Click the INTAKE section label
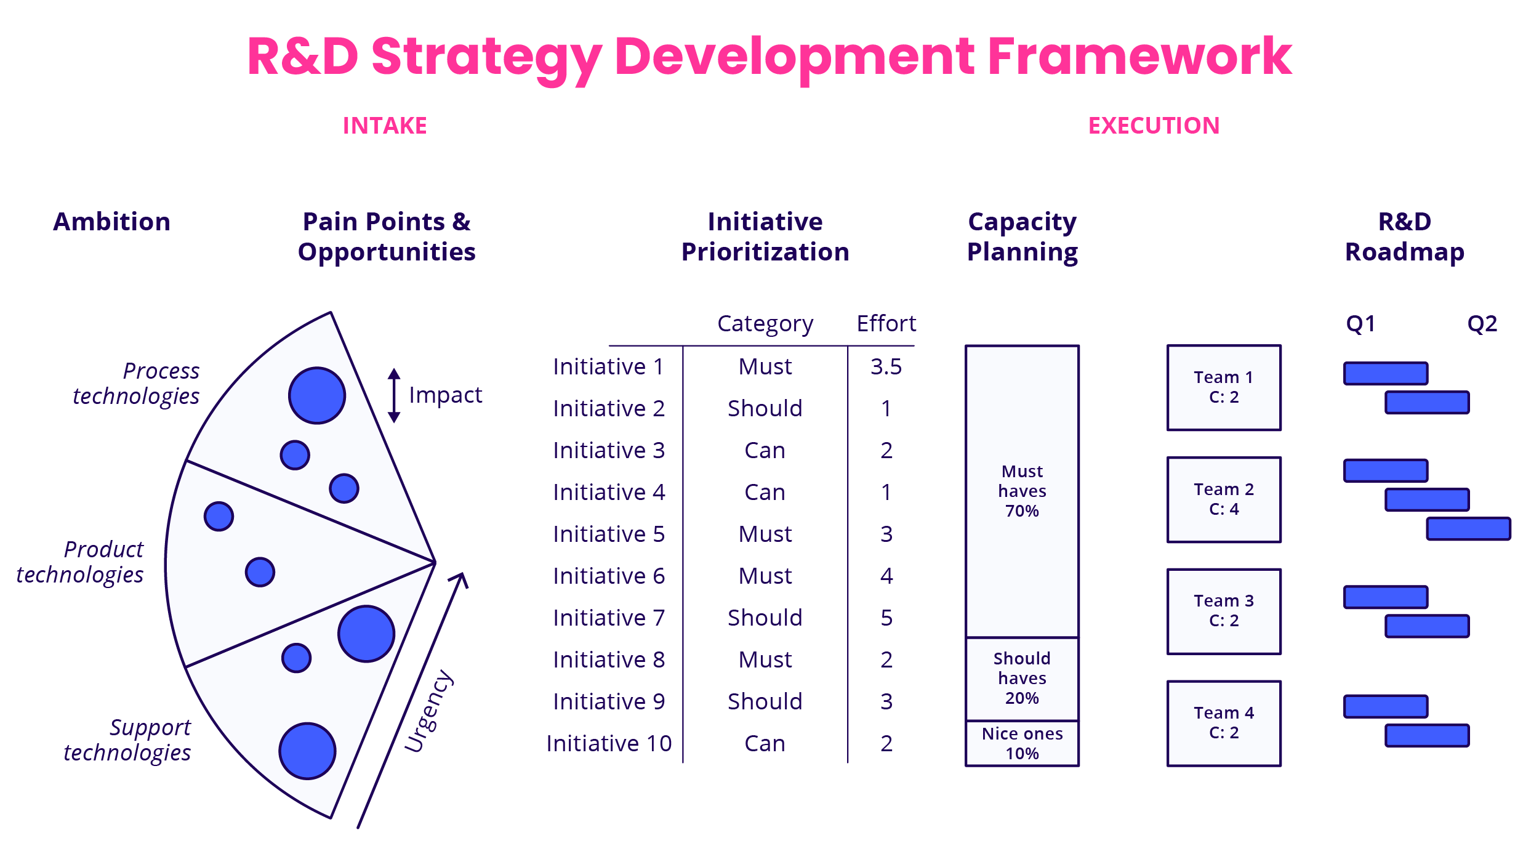pos(385,126)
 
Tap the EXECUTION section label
pos(1154,126)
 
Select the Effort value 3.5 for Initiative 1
pos(886,367)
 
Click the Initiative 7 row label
pos(609,618)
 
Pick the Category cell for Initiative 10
pos(765,743)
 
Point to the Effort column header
pos(886,323)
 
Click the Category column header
pos(765,323)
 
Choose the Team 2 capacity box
pos(1224,499)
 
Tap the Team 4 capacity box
pos(1224,723)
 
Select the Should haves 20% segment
pos(1022,678)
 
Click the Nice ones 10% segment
pos(1022,743)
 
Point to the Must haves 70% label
pos(1022,491)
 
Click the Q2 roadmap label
pos(1482,323)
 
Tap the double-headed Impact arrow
pos(394,395)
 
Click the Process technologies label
pos(137,383)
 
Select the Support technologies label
pos(127,740)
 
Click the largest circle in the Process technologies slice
pos(317,395)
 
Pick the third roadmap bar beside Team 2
pos(1468,529)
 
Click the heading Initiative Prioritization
pos(765,236)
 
